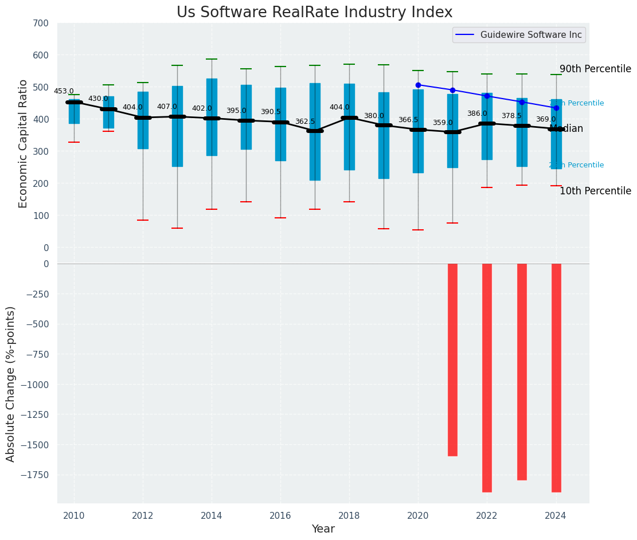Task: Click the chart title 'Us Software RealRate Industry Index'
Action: (314, 13)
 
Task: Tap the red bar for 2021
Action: (452, 359)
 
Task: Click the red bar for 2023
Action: (522, 371)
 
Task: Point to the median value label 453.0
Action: (64, 91)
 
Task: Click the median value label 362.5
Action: (305, 122)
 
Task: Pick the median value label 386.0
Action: (477, 114)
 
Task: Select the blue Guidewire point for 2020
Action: (418, 85)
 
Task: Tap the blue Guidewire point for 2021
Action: (452, 90)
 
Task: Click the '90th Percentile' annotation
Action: (595, 69)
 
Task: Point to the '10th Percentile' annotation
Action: (595, 191)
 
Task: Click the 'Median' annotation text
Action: (566, 129)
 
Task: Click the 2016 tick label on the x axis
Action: (280, 515)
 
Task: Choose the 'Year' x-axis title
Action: (323, 529)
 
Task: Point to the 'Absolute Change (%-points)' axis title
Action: (11, 384)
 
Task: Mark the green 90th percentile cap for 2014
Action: (212, 59)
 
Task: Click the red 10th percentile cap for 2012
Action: (143, 220)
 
